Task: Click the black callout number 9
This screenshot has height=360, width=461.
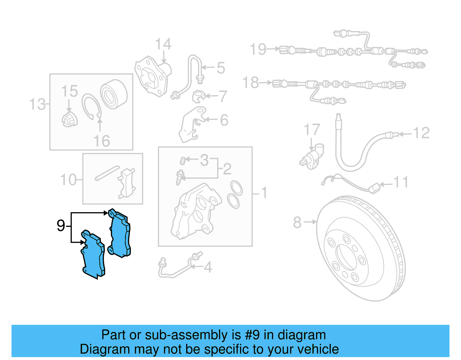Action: (x=61, y=226)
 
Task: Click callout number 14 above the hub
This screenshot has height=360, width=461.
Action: (x=163, y=45)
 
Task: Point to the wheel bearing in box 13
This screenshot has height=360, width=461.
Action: (x=114, y=94)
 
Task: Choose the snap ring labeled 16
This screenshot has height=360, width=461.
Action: (x=91, y=107)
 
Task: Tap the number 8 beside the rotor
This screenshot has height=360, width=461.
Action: (x=297, y=223)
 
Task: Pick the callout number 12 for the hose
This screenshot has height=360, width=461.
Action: (x=421, y=133)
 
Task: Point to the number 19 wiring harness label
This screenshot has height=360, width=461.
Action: (x=258, y=49)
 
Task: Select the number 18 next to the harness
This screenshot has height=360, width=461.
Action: (x=251, y=83)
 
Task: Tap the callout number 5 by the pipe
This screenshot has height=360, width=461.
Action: (x=221, y=68)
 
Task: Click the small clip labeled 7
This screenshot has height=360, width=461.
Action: (x=199, y=96)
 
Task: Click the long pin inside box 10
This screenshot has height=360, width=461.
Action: (x=107, y=173)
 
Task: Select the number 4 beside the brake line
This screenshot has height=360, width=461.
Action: (x=208, y=267)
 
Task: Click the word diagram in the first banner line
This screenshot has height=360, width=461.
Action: (x=302, y=335)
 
